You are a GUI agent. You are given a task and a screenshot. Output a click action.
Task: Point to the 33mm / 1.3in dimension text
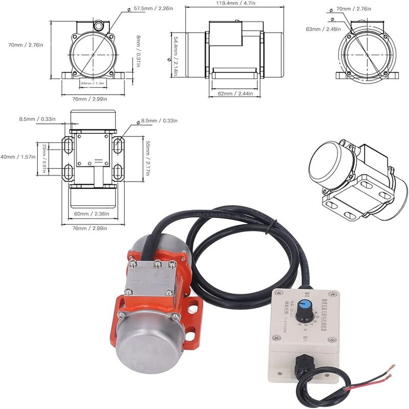(x=93, y=82)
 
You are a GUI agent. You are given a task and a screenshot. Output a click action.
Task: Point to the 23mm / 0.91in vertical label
(x=44, y=158)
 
